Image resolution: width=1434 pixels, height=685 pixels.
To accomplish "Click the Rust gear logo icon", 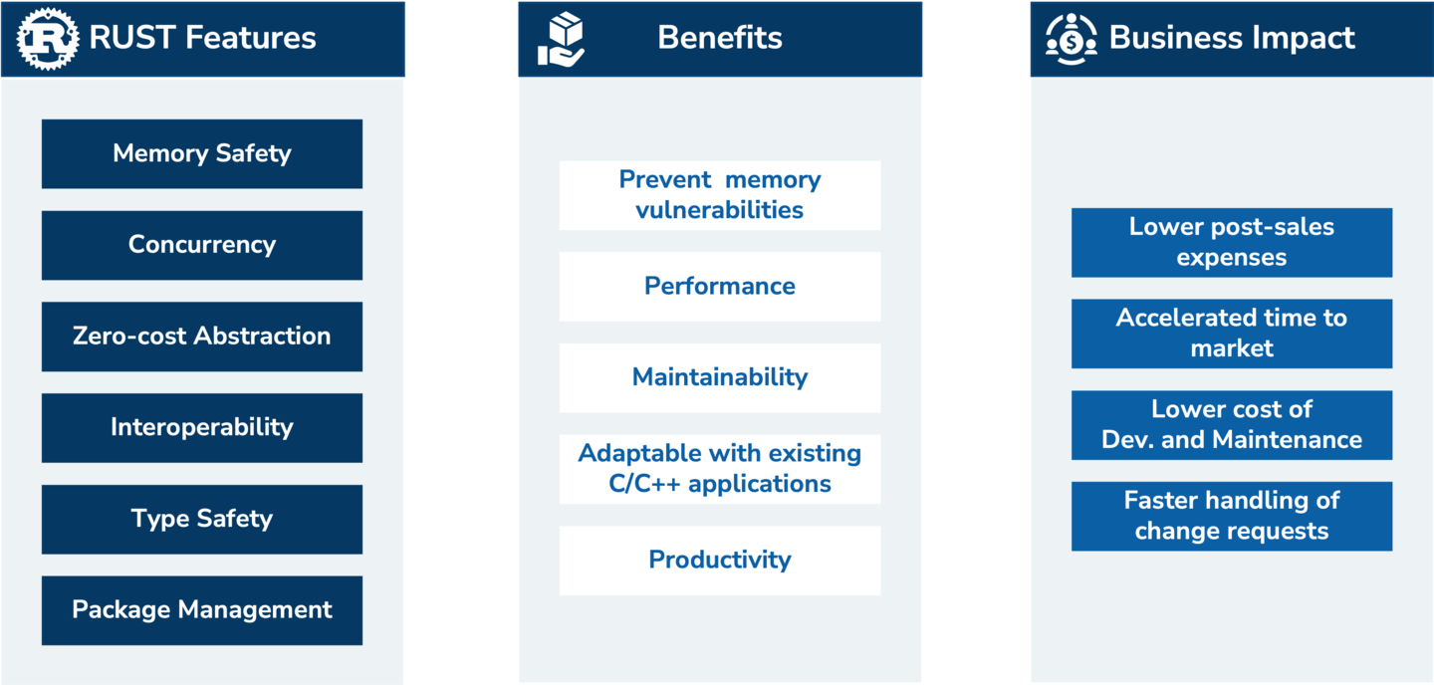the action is tap(48, 39).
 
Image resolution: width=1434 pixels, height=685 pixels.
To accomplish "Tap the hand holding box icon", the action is tap(561, 40).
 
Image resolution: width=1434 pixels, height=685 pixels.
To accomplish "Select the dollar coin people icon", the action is tap(1072, 39).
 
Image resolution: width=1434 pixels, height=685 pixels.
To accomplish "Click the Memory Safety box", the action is tap(202, 153).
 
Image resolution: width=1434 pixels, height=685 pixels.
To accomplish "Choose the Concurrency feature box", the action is tap(202, 245).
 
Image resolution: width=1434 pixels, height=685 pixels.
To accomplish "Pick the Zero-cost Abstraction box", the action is tap(202, 337).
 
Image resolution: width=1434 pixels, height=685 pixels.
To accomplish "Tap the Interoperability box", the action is tap(202, 428).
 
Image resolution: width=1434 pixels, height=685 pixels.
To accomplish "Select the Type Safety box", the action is tap(202, 519).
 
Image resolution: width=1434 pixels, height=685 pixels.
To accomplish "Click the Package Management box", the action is tap(202, 610).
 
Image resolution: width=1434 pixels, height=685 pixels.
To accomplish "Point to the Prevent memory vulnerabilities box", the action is tap(720, 195).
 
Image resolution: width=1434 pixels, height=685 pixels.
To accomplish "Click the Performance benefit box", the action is tap(720, 287).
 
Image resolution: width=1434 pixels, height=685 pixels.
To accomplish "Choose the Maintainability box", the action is tap(720, 377).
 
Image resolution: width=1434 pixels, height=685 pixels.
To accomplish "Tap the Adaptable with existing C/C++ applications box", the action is tap(720, 469).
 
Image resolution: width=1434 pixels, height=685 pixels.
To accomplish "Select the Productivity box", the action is tap(720, 561).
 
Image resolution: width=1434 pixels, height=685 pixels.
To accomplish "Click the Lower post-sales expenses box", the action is tap(1232, 243).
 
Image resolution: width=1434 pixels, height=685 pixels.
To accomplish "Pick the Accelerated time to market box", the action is tap(1232, 334).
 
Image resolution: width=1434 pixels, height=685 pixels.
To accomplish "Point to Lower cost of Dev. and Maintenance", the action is tap(1232, 425).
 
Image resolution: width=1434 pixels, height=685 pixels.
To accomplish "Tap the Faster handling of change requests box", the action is tap(1232, 516).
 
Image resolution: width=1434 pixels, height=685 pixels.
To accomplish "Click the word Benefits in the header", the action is tap(720, 37).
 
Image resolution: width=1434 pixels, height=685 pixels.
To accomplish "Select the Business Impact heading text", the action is tap(1233, 38).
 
